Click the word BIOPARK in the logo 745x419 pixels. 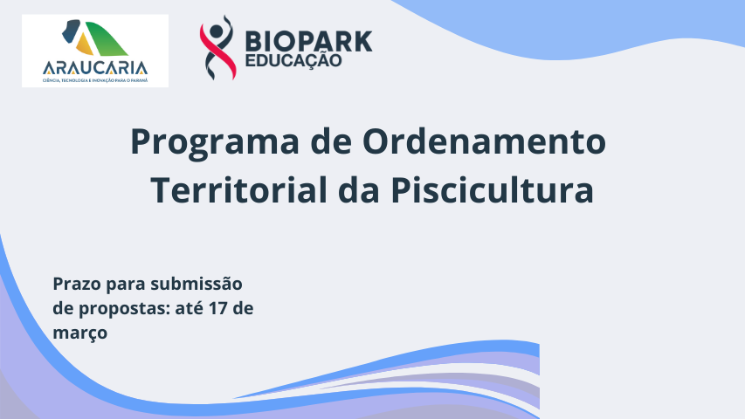(308, 40)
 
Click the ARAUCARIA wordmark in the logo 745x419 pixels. (95, 67)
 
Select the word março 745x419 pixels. (79, 333)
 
